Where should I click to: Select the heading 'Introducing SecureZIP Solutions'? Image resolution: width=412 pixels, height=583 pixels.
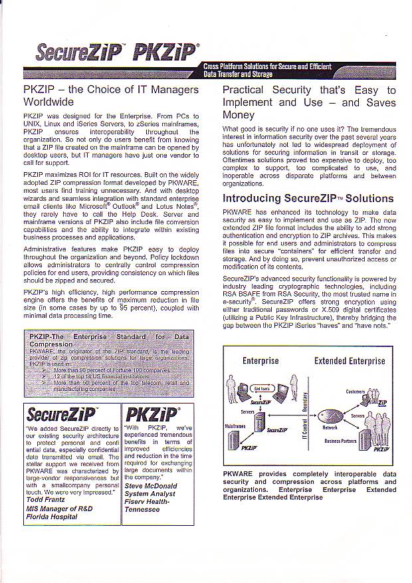pos(308,199)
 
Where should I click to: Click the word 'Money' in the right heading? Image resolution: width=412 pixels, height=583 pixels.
pos(238,115)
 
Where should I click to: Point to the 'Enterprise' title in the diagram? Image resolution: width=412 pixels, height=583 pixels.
pos(260,361)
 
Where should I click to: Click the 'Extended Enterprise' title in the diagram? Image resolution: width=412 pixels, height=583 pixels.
pos(350,361)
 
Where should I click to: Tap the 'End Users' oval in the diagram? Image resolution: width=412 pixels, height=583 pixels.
pos(263,388)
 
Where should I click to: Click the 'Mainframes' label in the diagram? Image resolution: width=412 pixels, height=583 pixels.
pos(235,426)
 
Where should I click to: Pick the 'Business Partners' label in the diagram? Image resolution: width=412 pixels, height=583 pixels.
pos(341,441)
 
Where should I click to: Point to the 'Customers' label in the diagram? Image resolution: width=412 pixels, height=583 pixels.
pos(356,392)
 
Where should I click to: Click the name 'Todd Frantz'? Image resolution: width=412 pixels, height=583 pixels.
pos(45,500)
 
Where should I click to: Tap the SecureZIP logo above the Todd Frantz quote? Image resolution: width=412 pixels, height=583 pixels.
pos(61,416)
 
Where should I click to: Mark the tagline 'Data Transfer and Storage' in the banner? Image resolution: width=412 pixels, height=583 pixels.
pos(238,74)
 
